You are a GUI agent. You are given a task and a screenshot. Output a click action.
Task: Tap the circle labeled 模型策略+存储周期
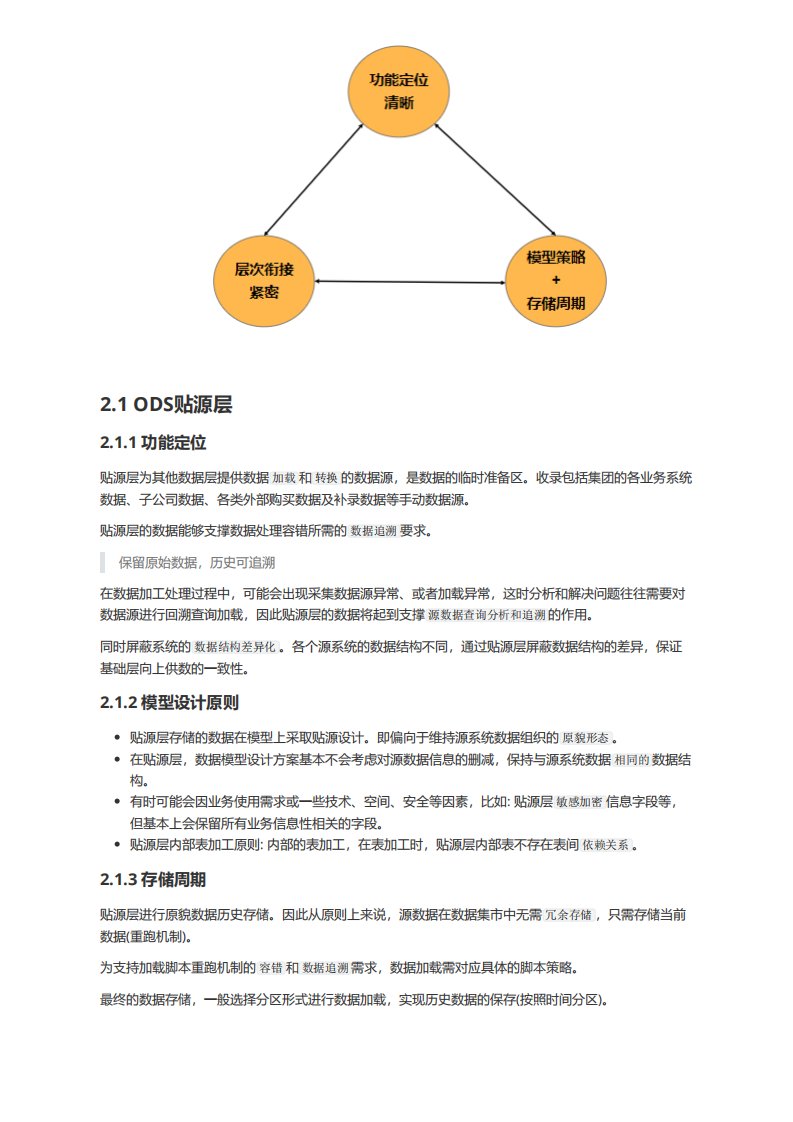555,279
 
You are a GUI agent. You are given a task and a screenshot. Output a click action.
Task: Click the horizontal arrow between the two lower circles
410,282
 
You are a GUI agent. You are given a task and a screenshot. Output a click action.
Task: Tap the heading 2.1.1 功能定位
153,442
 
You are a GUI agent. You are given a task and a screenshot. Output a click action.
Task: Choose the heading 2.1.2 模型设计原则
169,702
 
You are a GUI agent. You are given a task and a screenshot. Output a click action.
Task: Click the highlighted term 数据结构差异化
235,647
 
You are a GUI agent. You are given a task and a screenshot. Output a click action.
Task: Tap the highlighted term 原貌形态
586,738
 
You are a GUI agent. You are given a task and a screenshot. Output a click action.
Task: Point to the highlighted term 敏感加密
579,802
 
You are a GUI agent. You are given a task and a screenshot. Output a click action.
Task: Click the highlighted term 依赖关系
606,845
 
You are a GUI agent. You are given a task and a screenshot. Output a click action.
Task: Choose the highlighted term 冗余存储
569,914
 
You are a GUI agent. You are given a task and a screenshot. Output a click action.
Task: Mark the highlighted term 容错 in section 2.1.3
271,968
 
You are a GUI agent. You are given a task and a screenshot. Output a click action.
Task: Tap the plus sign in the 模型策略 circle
555,280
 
